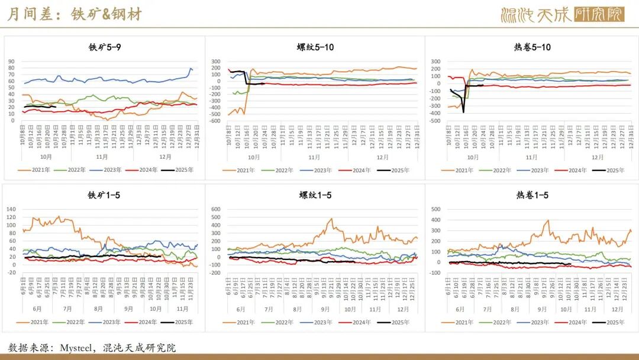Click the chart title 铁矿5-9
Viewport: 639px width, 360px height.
[106, 47]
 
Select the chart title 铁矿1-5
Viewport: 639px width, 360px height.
[106, 195]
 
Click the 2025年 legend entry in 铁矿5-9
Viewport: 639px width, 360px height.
[180, 170]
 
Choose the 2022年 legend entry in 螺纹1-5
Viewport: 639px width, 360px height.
[279, 322]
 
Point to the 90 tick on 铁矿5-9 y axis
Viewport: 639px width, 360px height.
[11, 61]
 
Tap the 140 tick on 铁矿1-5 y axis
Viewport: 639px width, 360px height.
[11, 209]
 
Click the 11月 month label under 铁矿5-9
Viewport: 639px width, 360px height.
[102, 157]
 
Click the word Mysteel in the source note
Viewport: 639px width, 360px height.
[78, 348]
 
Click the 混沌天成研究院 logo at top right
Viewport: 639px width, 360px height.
[562, 14]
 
